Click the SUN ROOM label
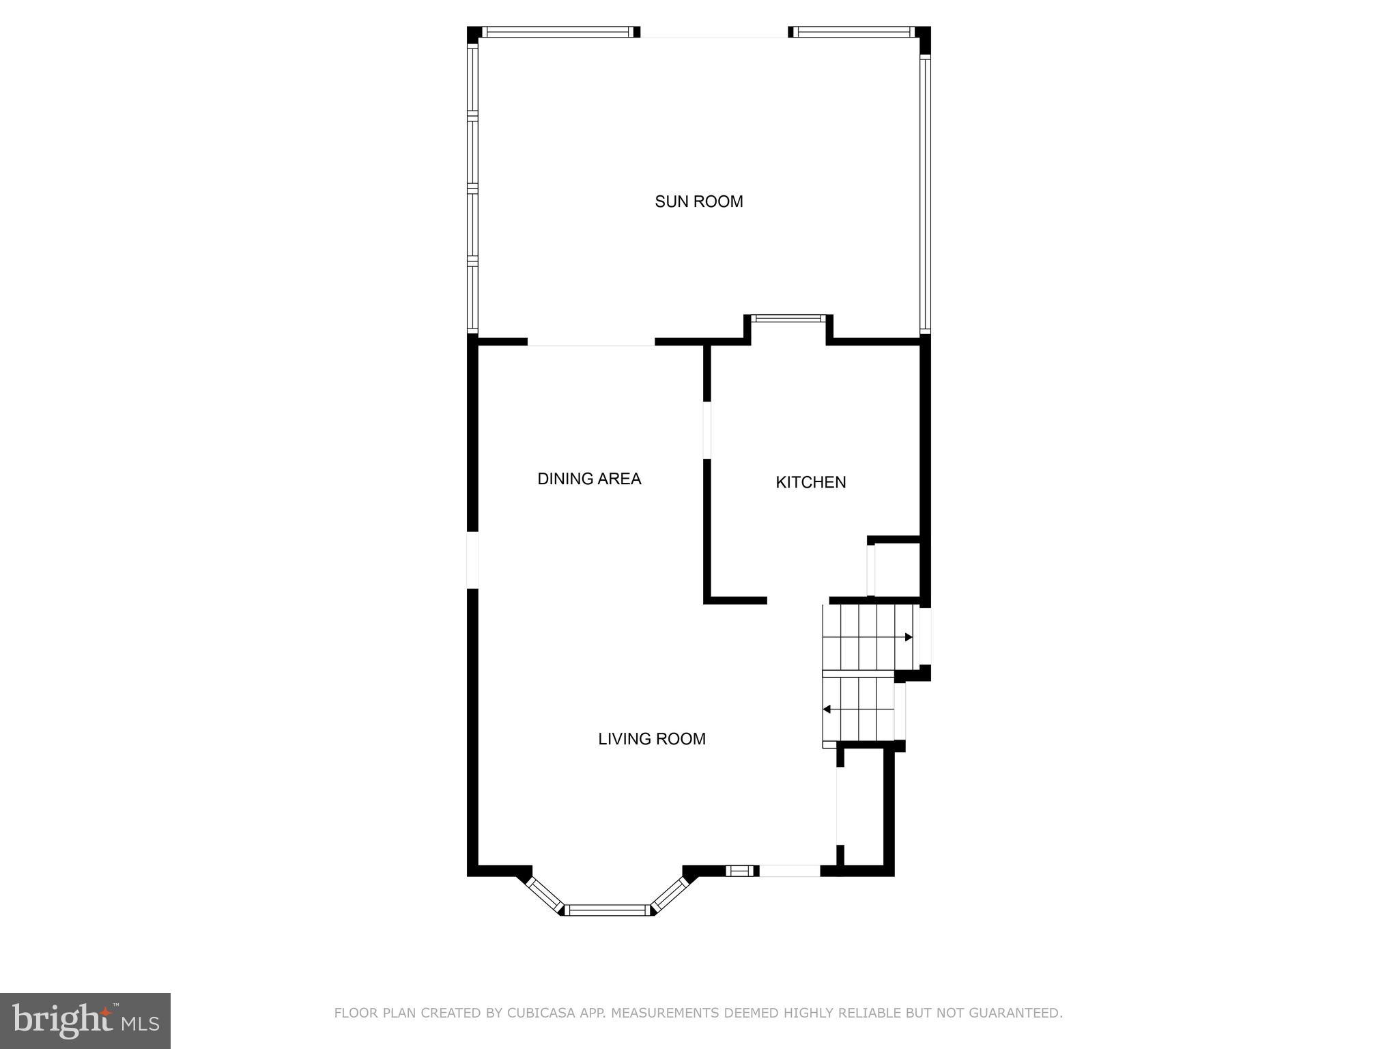pyautogui.click(x=698, y=201)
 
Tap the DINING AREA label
pyautogui.click(x=589, y=479)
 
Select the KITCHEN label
pyautogui.click(x=810, y=482)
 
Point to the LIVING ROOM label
pyautogui.click(x=651, y=738)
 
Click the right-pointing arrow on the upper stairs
pyautogui.click(x=908, y=637)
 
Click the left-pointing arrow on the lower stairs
pyautogui.click(x=827, y=710)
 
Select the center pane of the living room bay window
pyautogui.click(x=607, y=910)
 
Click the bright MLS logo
pyautogui.click(x=85, y=1020)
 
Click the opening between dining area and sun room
pyautogui.click(x=591, y=342)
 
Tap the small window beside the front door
pyautogui.click(x=740, y=871)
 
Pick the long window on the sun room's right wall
pyautogui.click(x=925, y=195)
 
